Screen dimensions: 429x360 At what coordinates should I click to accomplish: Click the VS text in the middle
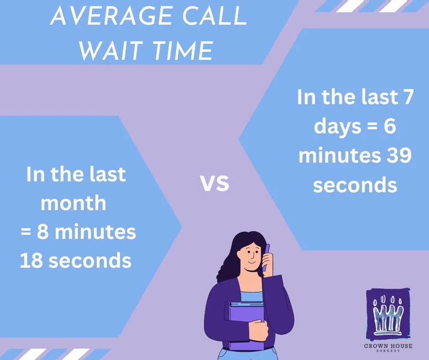(x=214, y=183)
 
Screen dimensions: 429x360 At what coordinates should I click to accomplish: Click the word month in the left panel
(x=73, y=203)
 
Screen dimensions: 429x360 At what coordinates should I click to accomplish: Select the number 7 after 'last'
(x=407, y=96)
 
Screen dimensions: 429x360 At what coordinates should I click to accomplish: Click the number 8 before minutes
(x=42, y=232)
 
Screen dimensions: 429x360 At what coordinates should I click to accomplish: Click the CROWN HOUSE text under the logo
(x=388, y=346)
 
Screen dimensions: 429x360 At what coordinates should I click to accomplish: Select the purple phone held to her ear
(x=266, y=257)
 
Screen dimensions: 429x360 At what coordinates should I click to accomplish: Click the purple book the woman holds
(x=246, y=326)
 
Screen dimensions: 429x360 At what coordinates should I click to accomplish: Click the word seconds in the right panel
(x=355, y=185)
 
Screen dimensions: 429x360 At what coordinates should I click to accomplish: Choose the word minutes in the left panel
(x=95, y=232)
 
